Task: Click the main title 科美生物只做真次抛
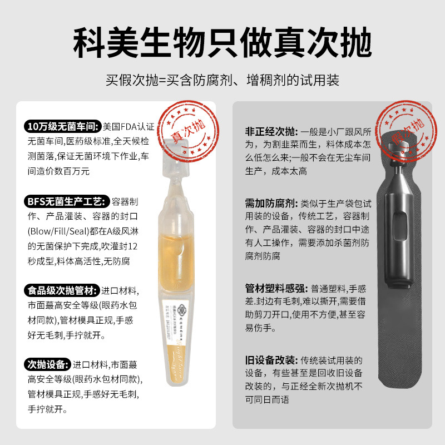coord(222,42)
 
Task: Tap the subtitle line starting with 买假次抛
coord(222,80)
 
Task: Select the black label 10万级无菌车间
coord(62,127)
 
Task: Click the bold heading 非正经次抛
coord(271,132)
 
